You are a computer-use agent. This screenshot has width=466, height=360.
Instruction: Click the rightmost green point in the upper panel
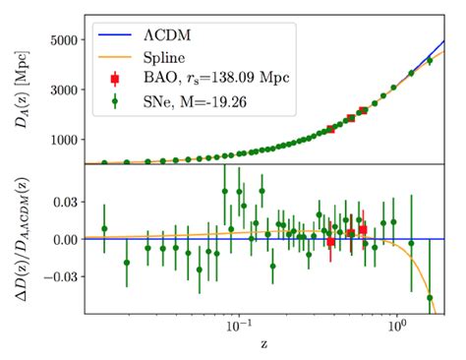click(x=430, y=61)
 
